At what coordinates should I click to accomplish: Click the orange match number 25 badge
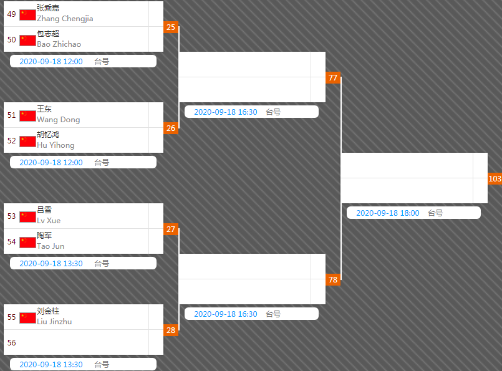(x=171, y=27)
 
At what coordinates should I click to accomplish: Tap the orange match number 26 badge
(x=171, y=128)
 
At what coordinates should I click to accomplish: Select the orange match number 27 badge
(x=171, y=229)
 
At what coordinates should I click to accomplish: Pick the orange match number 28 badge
(x=171, y=330)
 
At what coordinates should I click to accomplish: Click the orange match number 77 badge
(x=333, y=77)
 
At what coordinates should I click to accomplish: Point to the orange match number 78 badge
(x=333, y=279)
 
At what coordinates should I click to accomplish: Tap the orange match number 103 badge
(x=495, y=178)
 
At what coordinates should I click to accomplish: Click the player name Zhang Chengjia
(x=65, y=19)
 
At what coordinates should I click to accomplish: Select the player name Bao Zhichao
(x=59, y=44)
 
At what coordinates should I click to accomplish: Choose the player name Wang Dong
(x=58, y=120)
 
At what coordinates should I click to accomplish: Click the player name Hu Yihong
(x=56, y=145)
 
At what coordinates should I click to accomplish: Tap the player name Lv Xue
(x=49, y=221)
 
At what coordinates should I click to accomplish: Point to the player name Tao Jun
(x=51, y=246)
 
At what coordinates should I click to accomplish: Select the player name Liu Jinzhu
(x=54, y=322)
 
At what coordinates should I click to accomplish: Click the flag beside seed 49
(x=27, y=15)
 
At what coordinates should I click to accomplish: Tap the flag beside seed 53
(x=27, y=217)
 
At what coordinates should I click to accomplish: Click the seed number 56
(x=11, y=342)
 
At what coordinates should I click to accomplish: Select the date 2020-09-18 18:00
(x=388, y=213)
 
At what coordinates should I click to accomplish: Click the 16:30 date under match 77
(x=226, y=112)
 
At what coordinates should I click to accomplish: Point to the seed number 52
(x=11, y=140)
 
